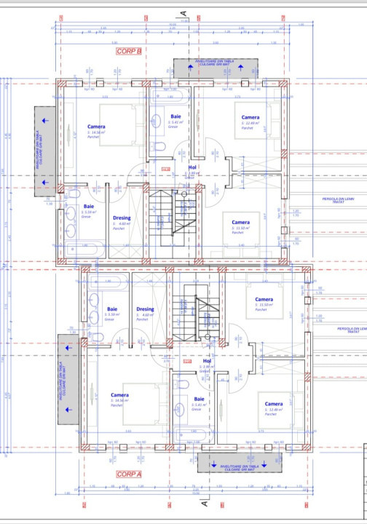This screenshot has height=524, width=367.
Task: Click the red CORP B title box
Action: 127,52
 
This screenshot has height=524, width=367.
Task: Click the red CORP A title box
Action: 128,473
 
